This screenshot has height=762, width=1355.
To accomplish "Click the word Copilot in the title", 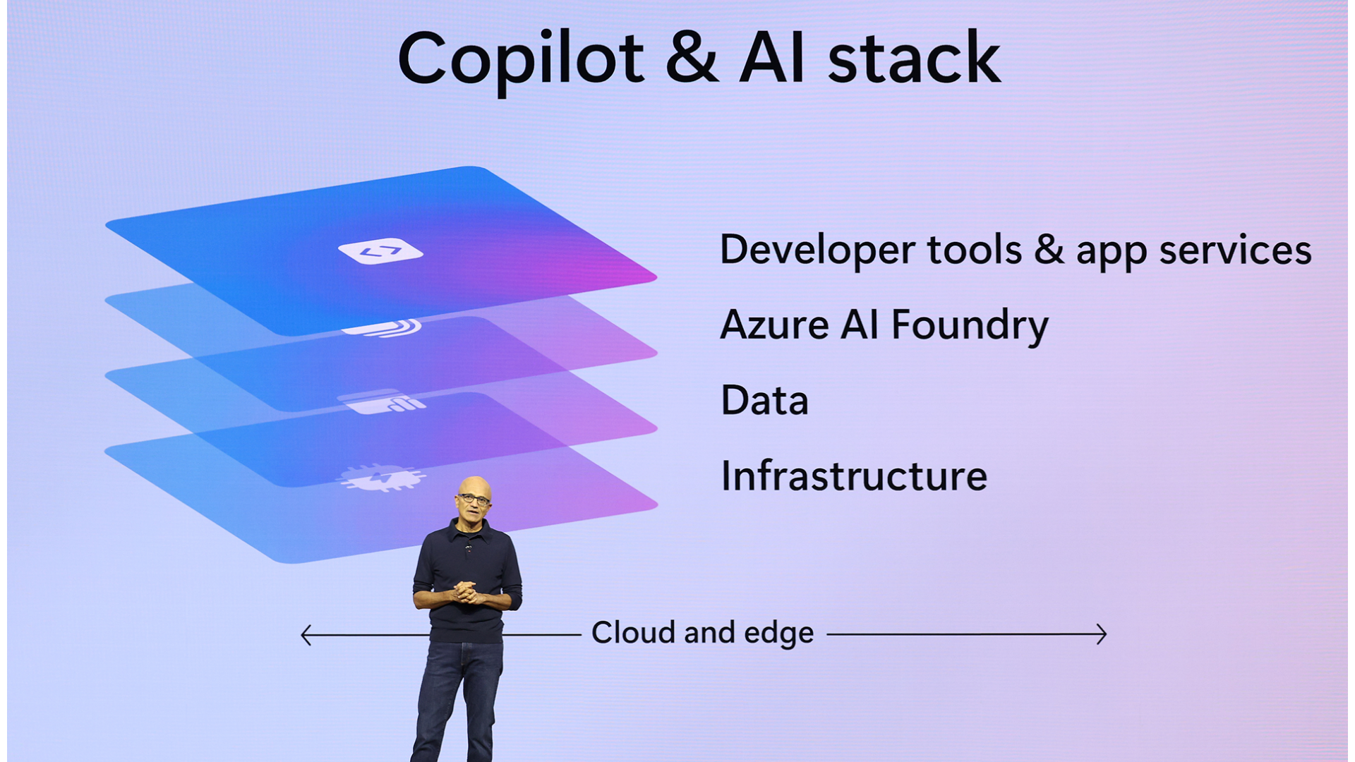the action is [521, 61].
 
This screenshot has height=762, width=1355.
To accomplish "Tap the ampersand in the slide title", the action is [692, 57].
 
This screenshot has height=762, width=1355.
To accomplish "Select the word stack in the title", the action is [915, 57].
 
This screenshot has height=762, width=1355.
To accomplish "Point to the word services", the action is [1235, 250].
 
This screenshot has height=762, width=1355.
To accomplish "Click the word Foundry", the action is [970, 327].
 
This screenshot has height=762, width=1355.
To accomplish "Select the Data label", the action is [764, 400].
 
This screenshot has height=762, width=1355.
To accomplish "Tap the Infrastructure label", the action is [854, 476].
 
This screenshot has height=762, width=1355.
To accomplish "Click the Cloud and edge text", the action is [702, 633].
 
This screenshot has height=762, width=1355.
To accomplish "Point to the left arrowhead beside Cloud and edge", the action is [306, 634].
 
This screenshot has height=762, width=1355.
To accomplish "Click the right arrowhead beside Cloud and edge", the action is [1102, 634].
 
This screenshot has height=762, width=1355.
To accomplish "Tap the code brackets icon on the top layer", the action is [380, 251].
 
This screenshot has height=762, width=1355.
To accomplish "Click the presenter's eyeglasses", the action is [474, 499].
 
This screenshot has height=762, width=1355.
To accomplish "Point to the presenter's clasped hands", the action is [466, 591].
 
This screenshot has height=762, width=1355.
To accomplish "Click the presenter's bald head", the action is [474, 487].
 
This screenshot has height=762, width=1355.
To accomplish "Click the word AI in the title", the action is [772, 57].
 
